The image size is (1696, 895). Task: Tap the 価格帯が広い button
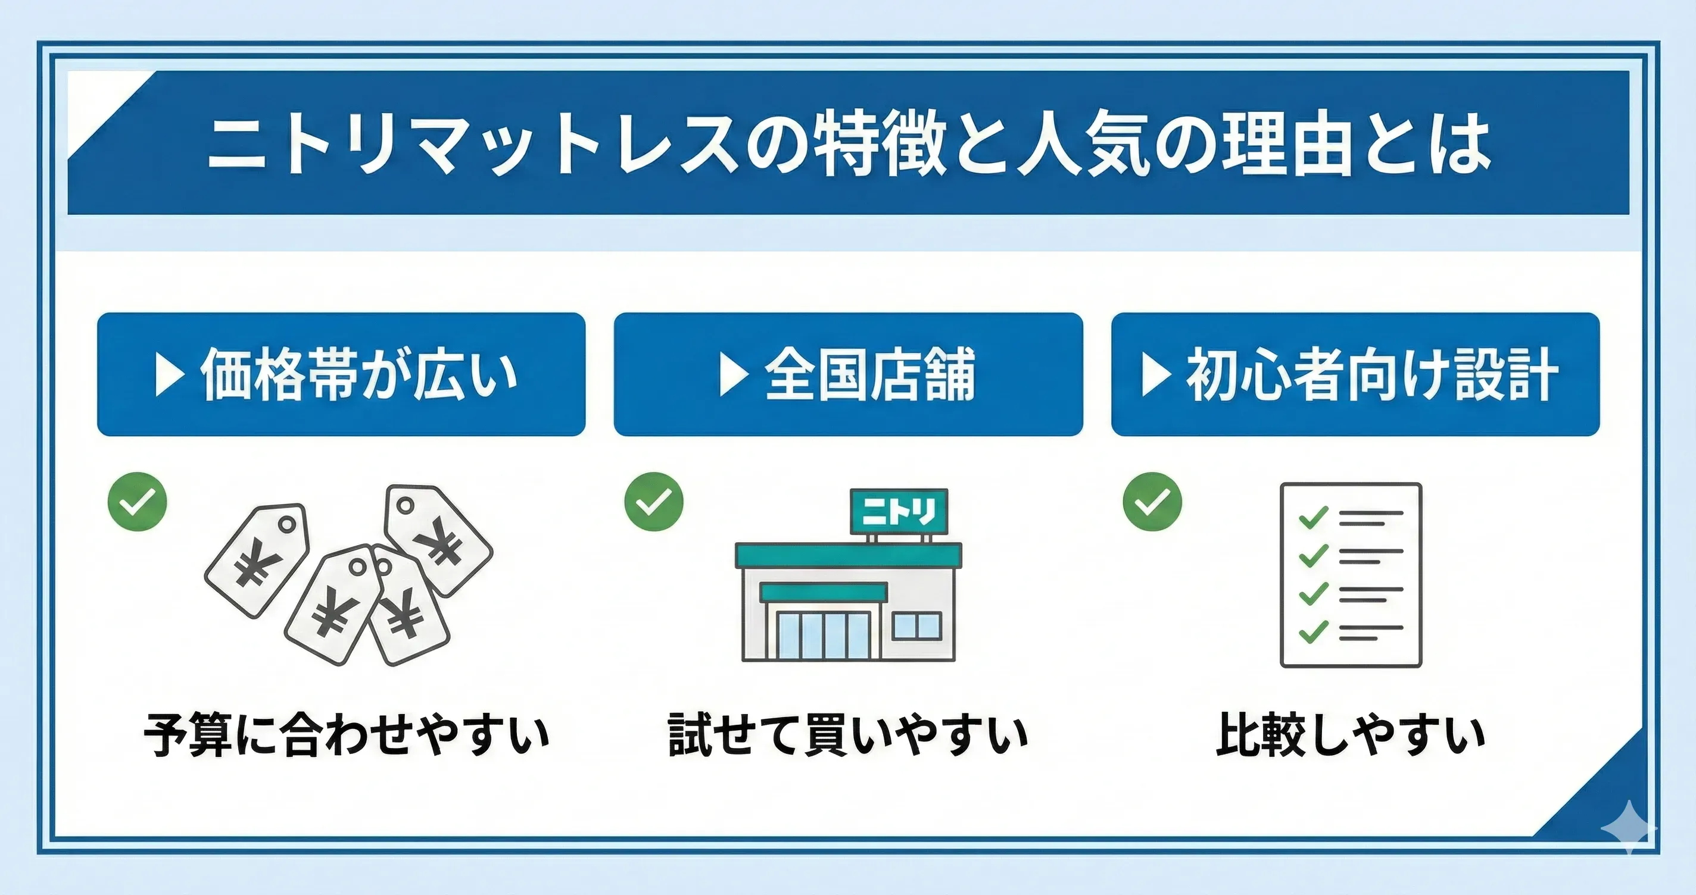pos(341,374)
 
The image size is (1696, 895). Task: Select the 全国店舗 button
pos(848,374)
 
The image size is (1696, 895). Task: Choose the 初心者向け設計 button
pos(1355,374)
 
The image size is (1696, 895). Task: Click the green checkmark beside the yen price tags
pos(137,502)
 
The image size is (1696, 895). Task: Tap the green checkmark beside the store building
pos(654,502)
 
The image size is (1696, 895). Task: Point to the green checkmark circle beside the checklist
pos(1152,502)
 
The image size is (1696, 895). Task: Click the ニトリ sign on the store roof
pos(899,511)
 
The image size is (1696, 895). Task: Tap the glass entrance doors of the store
pos(823,636)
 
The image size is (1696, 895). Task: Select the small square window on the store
pos(916,626)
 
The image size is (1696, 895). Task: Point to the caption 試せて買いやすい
pos(848,734)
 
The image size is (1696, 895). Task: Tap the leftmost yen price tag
pos(257,560)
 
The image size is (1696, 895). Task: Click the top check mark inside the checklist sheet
pos(1312,517)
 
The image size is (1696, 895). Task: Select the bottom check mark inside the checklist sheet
pos(1312,632)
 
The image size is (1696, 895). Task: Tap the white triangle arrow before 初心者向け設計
pos(1156,375)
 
